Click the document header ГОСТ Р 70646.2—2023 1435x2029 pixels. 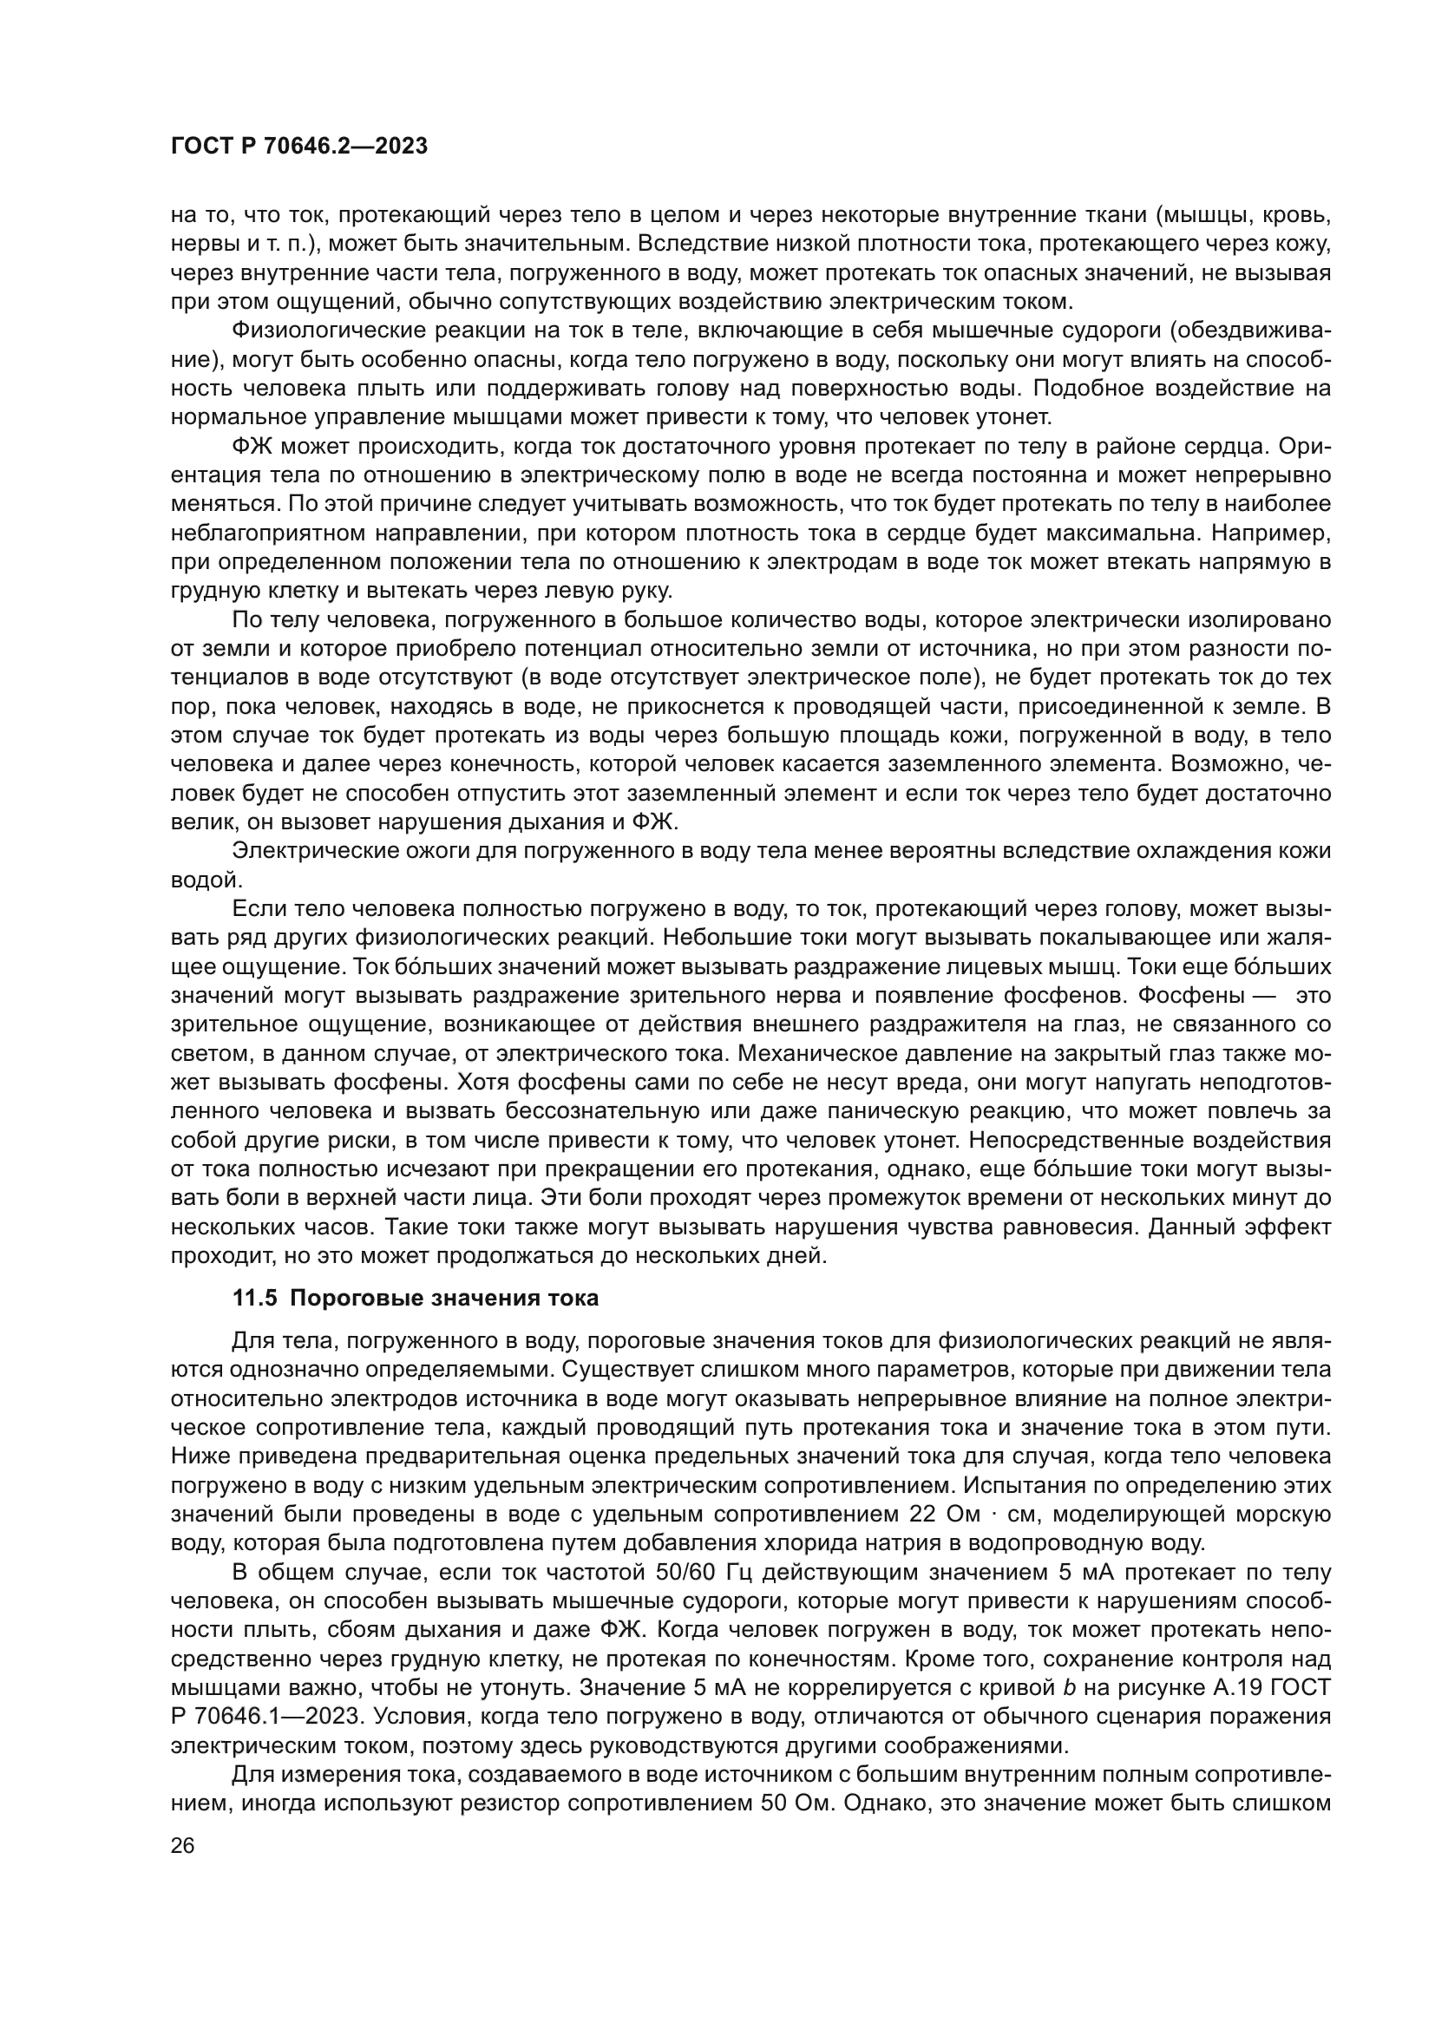click(x=298, y=147)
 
